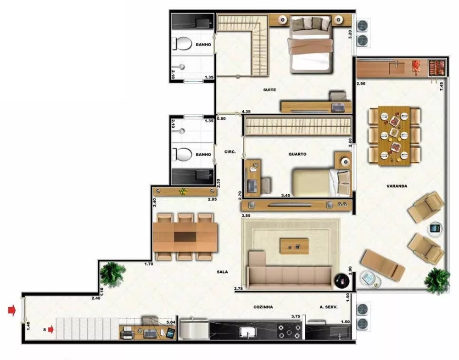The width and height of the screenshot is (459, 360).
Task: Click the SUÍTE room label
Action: [269, 90]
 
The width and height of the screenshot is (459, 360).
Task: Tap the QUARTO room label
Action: [297, 154]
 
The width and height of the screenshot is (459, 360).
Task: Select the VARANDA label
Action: [397, 186]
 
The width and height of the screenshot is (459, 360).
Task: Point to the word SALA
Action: [223, 272]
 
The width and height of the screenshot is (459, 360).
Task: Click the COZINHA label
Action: [264, 307]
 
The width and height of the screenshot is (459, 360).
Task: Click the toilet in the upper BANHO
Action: [183, 45]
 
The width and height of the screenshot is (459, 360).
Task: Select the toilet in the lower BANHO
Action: [183, 154]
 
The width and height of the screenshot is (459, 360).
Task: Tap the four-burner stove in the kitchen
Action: [289, 330]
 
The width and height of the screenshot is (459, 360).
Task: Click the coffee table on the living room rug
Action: [294, 246]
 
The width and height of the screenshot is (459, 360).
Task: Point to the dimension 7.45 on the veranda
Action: [442, 86]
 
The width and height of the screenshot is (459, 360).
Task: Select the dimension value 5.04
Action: [171, 323]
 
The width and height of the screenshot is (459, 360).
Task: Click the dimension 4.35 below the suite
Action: [246, 112]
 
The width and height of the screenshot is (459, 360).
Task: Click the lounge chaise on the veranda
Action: [382, 265]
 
